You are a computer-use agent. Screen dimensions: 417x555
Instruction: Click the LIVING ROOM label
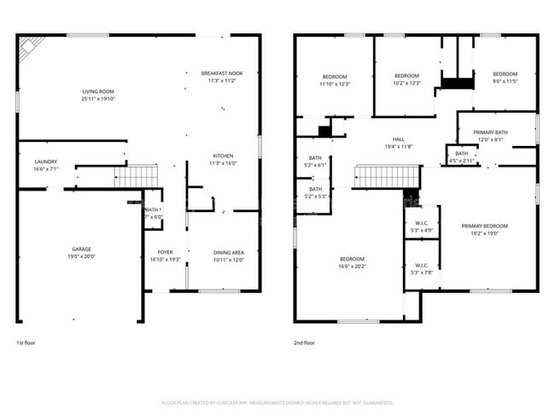click(x=98, y=91)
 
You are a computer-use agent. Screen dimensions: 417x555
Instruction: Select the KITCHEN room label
click(x=223, y=156)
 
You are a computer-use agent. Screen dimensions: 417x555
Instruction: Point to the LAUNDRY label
click(x=46, y=162)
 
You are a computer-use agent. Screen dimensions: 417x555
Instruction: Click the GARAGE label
click(x=81, y=249)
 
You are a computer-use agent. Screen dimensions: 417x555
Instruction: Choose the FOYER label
click(x=166, y=253)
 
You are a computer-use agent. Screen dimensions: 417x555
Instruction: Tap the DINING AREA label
click(x=229, y=253)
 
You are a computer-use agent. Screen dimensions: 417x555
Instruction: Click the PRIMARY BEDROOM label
click(x=484, y=226)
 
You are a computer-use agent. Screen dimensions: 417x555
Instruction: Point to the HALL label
click(x=398, y=139)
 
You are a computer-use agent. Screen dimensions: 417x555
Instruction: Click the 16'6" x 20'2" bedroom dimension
click(x=352, y=267)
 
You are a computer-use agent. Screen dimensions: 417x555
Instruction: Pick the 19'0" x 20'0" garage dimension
click(x=81, y=256)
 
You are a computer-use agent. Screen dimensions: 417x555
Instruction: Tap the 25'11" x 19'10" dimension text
click(x=98, y=99)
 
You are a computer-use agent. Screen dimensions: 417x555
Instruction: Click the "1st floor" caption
click(x=26, y=342)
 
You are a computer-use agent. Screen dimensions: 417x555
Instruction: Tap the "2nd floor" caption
click(x=305, y=342)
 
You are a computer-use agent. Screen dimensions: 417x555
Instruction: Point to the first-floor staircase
click(x=137, y=177)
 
